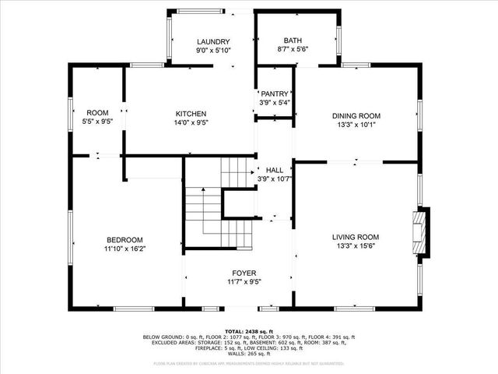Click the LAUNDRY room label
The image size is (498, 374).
(212, 42)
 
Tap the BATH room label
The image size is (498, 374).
(293, 41)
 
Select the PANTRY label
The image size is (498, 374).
(274, 93)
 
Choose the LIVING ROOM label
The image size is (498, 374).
(356, 237)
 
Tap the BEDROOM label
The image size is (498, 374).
(124, 239)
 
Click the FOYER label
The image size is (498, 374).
(244, 273)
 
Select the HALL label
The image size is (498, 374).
(275, 170)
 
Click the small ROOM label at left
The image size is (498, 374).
(97, 113)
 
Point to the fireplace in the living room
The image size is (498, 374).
(421, 232)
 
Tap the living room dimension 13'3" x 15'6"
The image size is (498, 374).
(356, 246)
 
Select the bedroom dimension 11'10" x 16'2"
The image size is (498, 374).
(124, 249)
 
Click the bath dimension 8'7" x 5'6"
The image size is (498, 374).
(293, 49)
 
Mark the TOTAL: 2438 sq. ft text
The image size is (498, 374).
(248, 331)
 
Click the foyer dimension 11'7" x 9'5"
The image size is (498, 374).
(244, 282)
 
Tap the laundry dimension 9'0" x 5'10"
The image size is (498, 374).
(212, 51)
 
